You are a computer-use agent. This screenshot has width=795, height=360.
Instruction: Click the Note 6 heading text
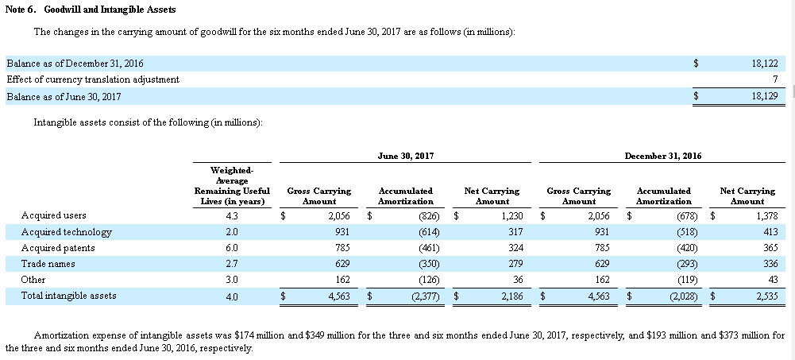[x=91, y=10]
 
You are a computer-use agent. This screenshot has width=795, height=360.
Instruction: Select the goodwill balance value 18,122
[x=765, y=64]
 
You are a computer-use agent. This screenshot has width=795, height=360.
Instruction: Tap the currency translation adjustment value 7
[x=775, y=79]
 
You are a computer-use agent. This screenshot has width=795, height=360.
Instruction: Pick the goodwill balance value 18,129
[x=765, y=96]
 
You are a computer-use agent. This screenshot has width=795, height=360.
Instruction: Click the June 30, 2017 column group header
[x=406, y=157]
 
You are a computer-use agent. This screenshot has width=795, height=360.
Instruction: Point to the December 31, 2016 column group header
[x=663, y=157]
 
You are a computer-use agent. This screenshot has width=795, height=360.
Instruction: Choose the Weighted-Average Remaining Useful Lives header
[x=232, y=186]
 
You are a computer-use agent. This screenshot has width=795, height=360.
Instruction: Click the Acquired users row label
[x=54, y=215]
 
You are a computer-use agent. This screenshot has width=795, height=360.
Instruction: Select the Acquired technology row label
[x=67, y=232]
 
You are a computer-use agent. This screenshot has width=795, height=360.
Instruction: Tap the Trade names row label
[x=48, y=264]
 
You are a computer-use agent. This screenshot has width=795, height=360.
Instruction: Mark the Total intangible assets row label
[x=68, y=295]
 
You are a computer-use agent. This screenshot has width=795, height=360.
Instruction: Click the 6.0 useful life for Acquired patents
[x=232, y=248]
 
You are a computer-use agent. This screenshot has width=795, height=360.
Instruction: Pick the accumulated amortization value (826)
[x=429, y=216]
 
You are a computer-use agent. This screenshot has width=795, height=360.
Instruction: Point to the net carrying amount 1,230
[x=512, y=216]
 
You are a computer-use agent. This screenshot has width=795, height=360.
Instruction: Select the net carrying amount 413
[x=770, y=232]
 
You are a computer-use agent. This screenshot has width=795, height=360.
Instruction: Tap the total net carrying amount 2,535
[x=767, y=296]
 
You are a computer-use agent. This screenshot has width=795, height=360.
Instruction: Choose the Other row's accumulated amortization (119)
[x=687, y=280]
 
